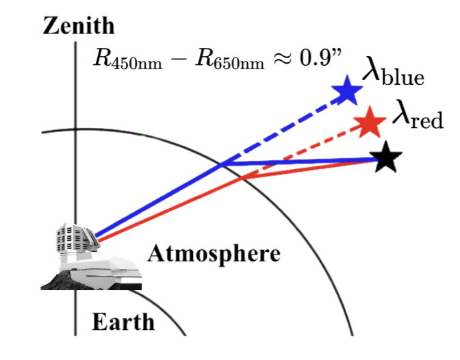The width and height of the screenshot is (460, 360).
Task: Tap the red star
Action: pos(371,123)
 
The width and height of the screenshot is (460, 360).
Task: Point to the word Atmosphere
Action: pos(214,255)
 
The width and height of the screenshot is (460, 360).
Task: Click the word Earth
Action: pos(123,321)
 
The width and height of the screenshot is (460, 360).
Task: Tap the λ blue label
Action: pos(393,73)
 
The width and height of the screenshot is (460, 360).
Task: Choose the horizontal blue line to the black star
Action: pos(301,162)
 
